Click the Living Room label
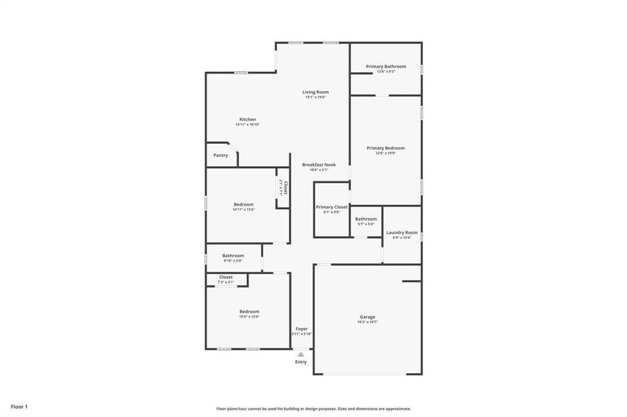point(315,92)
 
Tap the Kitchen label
point(248,120)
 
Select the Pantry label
point(221,155)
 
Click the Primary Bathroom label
point(386,66)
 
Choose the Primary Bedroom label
point(386,148)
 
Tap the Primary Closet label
point(331,207)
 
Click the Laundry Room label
point(402,232)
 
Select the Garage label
point(367,317)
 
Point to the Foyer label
point(301,329)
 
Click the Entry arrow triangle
point(301,354)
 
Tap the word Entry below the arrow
point(301,362)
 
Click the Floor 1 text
point(19,406)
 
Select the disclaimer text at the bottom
point(313,409)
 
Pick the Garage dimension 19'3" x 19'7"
point(367,322)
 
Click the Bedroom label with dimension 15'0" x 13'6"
point(249,311)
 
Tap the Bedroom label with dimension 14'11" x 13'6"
point(244,204)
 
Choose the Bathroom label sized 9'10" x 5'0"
point(233,255)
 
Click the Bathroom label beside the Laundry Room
point(366,219)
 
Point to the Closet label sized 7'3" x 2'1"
point(226,277)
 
